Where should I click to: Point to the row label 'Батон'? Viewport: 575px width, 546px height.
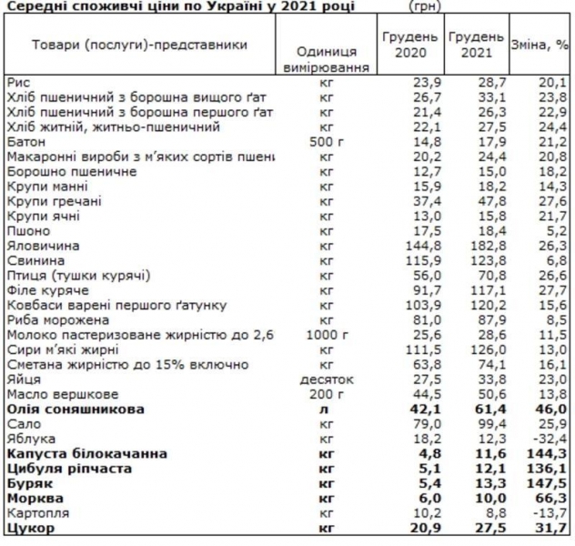[x=25, y=142]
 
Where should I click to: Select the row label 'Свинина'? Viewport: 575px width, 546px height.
[x=32, y=260]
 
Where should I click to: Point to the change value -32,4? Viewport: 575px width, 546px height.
[x=549, y=439]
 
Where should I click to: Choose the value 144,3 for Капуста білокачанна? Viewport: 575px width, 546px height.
[x=548, y=453]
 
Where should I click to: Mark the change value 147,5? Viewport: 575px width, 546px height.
[x=548, y=483]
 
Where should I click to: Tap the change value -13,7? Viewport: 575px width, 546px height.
[x=549, y=512]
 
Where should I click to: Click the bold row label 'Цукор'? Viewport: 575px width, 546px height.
[x=27, y=528]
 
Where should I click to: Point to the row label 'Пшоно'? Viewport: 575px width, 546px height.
[x=27, y=231]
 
